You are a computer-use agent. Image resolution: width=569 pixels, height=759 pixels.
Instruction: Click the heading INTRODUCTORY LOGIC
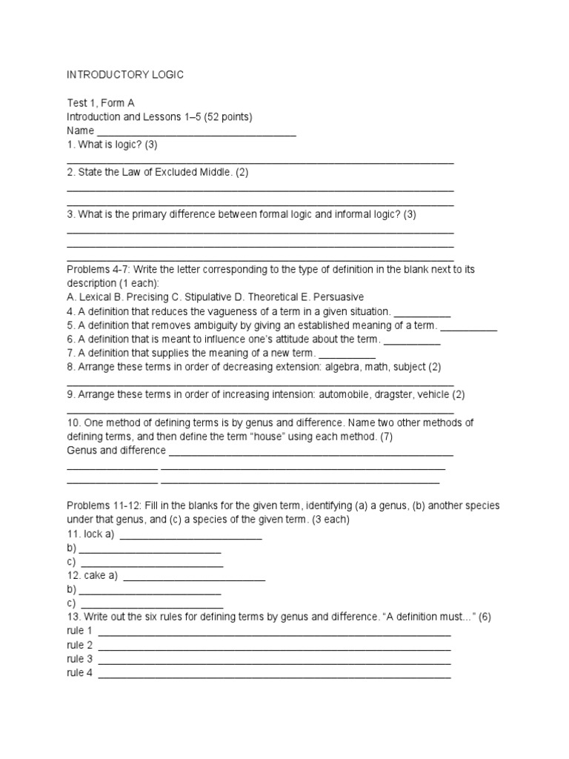(124, 75)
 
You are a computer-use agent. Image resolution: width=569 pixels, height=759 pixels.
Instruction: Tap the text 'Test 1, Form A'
(101, 103)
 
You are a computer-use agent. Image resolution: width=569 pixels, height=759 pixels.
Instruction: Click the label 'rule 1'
(79, 631)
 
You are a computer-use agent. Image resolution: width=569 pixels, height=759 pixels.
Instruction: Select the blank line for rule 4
(274, 675)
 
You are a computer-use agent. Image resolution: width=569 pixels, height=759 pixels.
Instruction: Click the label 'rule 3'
(79, 659)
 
